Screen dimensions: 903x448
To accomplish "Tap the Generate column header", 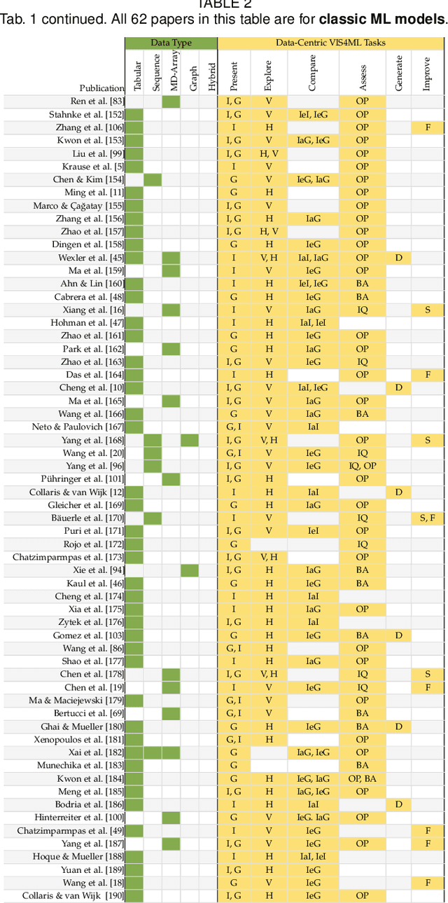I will [x=399, y=73].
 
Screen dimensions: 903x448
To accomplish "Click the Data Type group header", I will [x=171, y=43].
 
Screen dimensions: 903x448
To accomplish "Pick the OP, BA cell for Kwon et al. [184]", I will [x=362, y=778].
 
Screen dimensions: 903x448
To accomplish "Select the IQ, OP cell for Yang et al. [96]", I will [x=362, y=466].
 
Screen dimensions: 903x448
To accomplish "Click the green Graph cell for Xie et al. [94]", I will [x=190, y=570].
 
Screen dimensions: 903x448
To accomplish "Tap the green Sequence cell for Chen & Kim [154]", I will [x=153, y=179].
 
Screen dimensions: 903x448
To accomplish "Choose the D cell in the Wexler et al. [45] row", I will [x=398, y=257].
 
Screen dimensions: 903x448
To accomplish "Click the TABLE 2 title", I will [x=224, y=4].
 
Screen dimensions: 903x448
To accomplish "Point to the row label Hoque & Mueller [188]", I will [x=78, y=856].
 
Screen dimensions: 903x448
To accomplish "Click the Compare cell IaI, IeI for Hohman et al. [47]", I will [x=312, y=322].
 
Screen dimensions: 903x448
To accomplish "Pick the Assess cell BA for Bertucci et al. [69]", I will [x=362, y=713].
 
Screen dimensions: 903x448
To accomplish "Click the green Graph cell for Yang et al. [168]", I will [x=190, y=440].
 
